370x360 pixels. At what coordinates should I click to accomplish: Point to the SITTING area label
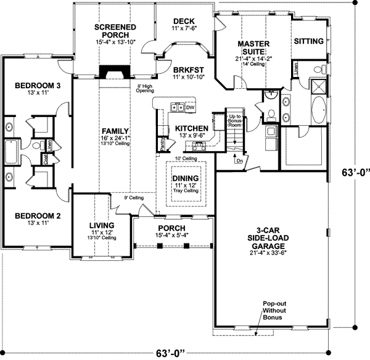pyautogui.click(x=308, y=41)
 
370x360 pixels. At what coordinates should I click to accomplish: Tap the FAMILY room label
pyautogui.click(x=115, y=131)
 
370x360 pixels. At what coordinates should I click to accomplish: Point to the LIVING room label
pyautogui.click(x=102, y=226)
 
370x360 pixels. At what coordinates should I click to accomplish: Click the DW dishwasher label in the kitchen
pyautogui.click(x=190, y=107)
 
